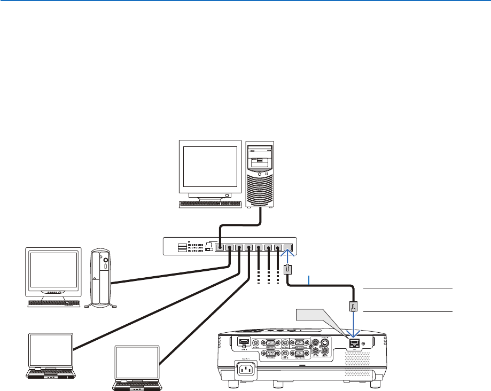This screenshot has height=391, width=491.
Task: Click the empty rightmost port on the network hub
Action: coord(287,248)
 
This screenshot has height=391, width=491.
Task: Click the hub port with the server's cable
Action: coord(219,248)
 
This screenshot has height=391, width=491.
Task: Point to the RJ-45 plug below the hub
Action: coord(287,269)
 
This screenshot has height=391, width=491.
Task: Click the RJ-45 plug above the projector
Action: coord(354,307)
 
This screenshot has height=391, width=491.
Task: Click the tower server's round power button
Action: coord(260,175)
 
